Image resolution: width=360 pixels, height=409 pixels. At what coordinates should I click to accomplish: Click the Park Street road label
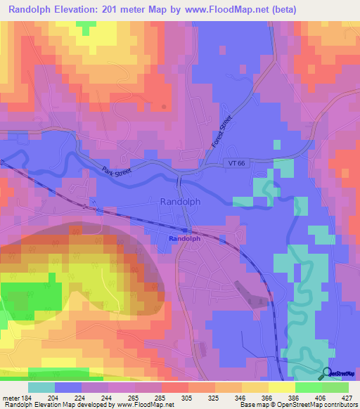(117, 171)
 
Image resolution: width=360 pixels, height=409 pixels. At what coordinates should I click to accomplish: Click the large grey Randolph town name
(181, 201)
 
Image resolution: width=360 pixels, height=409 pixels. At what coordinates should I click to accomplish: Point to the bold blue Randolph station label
(185, 239)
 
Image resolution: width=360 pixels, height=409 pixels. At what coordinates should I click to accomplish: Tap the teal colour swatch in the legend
(41, 387)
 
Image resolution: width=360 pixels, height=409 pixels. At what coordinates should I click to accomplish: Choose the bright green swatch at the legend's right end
(335, 387)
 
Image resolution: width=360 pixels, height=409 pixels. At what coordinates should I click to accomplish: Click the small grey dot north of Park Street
(164, 107)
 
